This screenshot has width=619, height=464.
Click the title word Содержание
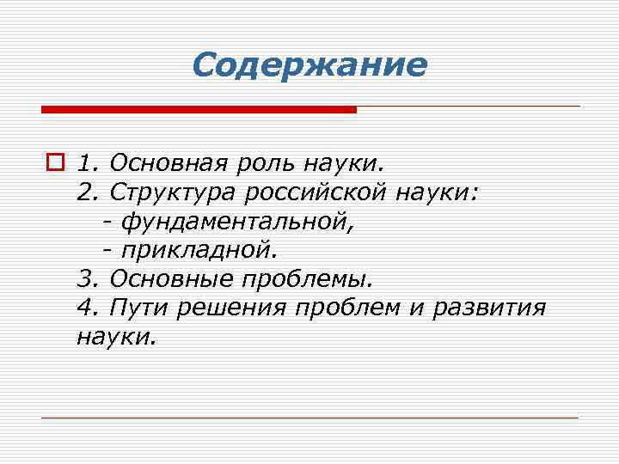point(309,65)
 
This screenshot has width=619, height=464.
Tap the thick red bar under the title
point(199,110)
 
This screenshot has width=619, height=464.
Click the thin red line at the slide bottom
point(309,418)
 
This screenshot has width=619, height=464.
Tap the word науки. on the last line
point(117,338)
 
